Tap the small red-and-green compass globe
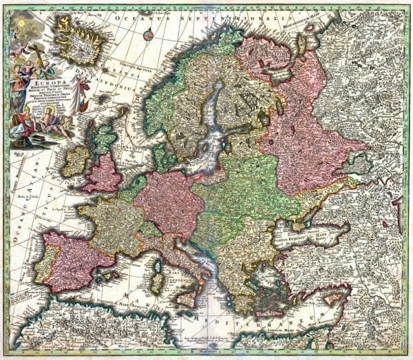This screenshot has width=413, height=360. (x=147, y=36)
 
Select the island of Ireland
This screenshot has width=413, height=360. (x=75, y=161)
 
